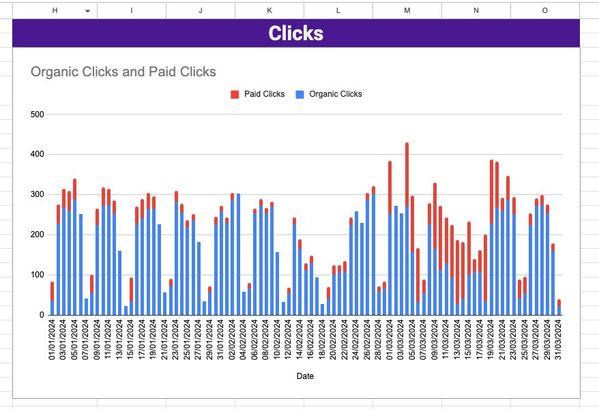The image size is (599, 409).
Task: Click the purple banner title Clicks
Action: click(x=295, y=33)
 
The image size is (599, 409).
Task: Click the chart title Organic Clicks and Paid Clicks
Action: click(x=123, y=72)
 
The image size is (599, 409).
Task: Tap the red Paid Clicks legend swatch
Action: click(x=235, y=94)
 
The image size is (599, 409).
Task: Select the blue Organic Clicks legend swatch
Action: click(x=299, y=94)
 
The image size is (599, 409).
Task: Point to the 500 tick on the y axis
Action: click(x=38, y=115)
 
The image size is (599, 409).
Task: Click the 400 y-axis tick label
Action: click(x=38, y=155)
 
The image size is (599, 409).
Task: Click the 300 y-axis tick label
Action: click(x=38, y=195)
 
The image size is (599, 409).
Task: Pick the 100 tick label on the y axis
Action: click(x=38, y=275)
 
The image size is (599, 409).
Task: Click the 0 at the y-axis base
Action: click(x=41, y=316)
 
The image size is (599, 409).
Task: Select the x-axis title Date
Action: click(x=305, y=376)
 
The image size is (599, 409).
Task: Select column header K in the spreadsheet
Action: click(x=269, y=10)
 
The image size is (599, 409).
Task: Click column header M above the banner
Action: click(x=407, y=10)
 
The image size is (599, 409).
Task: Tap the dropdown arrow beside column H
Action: click(x=87, y=11)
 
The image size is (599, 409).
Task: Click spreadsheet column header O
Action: click(x=544, y=10)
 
